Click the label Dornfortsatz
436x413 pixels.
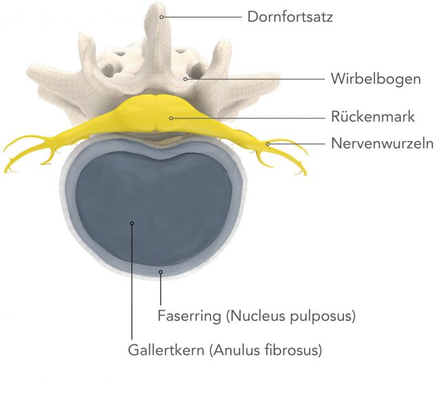pyautogui.click(x=290, y=17)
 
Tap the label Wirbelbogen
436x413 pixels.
pyautogui.click(x=376, y=78)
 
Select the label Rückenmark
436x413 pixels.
pyautogui.click(x=372, y=116)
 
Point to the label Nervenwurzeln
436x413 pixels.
pyautogui.click(x=382, y=143)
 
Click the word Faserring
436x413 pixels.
pyautogui.click(x=190, y=316)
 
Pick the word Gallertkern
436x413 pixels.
pyautogui.click(x=166, y=349)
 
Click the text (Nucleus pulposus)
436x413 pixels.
pyautogui.click(x=291, y=316)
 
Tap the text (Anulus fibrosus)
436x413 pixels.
pyautogui.click(x=265, y=350)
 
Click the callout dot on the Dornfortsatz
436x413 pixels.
pyautogui.click(x=162, y=17)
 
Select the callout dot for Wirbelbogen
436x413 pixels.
pyautogui.click(x=186, y=79)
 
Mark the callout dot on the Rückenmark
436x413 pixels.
pyautogui.click(x=171, y=118)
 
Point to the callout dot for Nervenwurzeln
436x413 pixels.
pyautogui.click(x=267, y=144)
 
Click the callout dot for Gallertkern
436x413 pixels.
pyautogui.click(x=132, y=224)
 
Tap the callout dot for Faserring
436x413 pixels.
pyautogui.click(x=160, y=272)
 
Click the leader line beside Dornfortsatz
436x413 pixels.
pyautogui.click(x=202, y=17)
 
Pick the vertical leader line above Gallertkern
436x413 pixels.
pyautogui.click(x=132, y=282)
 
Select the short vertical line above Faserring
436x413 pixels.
pyautogui.click(x=160, y=289)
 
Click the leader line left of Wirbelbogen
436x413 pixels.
pyautogui.click(x=256, y=79)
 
